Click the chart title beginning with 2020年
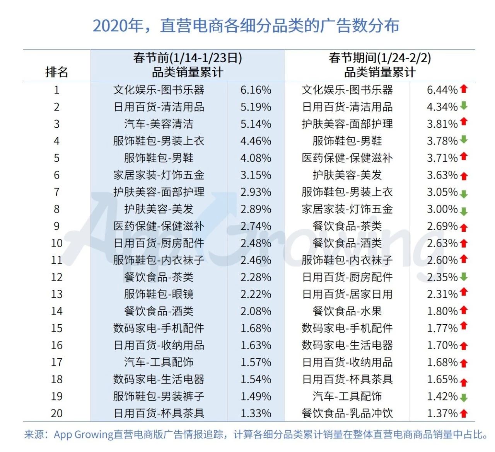pyautogui.click(x=246, y=25)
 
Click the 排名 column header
pyautogui.click(x=56, y=72)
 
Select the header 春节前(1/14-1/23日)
pyautogui.click(x=188, y=58)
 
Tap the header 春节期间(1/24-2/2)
pyautogui.click(x=380, y=58)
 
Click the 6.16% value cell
pyautogui.click(x=256, y=90)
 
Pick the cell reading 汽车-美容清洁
pyautogui.click(x=159, y=124)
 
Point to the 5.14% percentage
pyautogui.click(x=256, y=124)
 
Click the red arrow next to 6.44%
pyautogui.click(x=464, y=89)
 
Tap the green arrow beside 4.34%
pyautogui.click(x=464, y=106)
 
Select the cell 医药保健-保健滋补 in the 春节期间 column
pyautogui.click(x=347, y=158)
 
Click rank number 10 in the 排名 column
pyautogui.click(x=56, y=243)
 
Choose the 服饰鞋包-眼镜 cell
pyautogui.click(x=159, y=294)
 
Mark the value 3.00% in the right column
pyautogui.click(x=442, y=209)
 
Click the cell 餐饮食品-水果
pyautogui.click(x=347, y=311)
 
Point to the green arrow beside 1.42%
pyautogui.click(x=464, y=397)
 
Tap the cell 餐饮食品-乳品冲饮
pyautogui.click(x=347, y=413)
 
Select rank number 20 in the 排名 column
pyautogui.click(x=56, y=413)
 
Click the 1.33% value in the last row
pyautogui.click(x=256, y=413)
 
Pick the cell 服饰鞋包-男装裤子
pyautogui.click(x=159, y=396)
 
